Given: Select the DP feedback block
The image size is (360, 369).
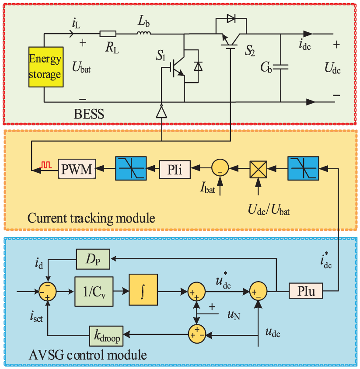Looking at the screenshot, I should tap(93, 260).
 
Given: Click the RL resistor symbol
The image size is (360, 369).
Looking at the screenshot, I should tap(108, 34).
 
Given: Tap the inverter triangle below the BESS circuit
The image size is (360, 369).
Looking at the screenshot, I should tap(162, 113).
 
